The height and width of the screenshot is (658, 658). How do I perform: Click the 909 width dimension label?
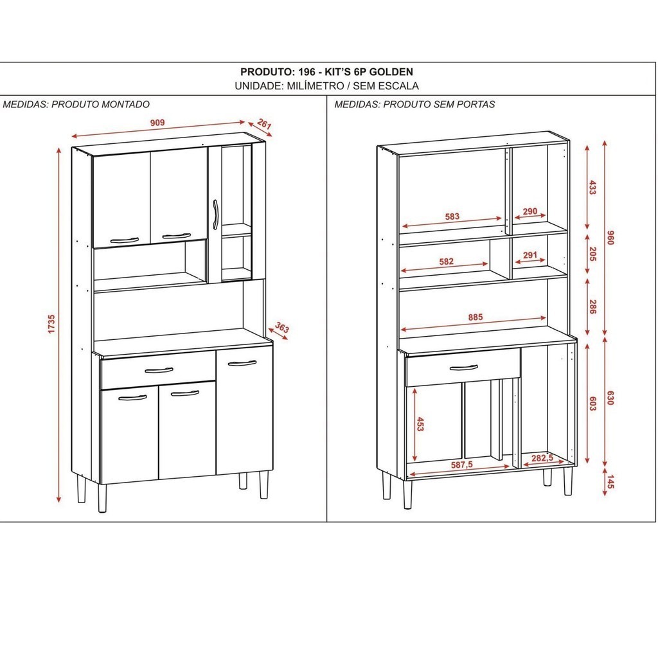(x=157, y=123)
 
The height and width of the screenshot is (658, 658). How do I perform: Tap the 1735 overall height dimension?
(x=51, y=324)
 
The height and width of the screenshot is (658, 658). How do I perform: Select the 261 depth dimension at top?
(x=264, y=124)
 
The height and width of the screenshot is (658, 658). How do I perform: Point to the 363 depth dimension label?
(x=282, y=327)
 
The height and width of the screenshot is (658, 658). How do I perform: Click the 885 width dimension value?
(x=476, y=317)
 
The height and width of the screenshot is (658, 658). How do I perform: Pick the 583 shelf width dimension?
(x=452, y=217)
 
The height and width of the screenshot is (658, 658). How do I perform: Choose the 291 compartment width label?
(x=530, y=254)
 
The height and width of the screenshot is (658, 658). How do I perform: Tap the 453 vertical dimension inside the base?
(x=420, y=424)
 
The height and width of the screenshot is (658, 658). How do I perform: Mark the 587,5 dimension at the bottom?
(x=461, y=465)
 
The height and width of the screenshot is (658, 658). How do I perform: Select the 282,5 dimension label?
(x=542, y=458)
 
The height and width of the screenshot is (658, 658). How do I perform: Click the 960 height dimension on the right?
(x=610, y=238)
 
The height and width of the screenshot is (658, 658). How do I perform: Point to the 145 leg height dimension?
(x=610, y=481)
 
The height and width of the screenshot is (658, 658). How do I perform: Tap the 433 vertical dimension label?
(x=592, y=187)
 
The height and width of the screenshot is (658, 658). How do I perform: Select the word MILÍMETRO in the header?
(x=315, y=86)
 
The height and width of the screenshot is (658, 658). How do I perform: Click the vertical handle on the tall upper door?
(x=215, y=215)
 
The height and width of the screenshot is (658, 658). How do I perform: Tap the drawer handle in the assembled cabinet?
(x=159, y=370)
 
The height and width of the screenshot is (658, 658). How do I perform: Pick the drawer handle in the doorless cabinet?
(x=463, y=368)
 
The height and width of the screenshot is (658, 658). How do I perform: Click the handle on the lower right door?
(x=242, y=363)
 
